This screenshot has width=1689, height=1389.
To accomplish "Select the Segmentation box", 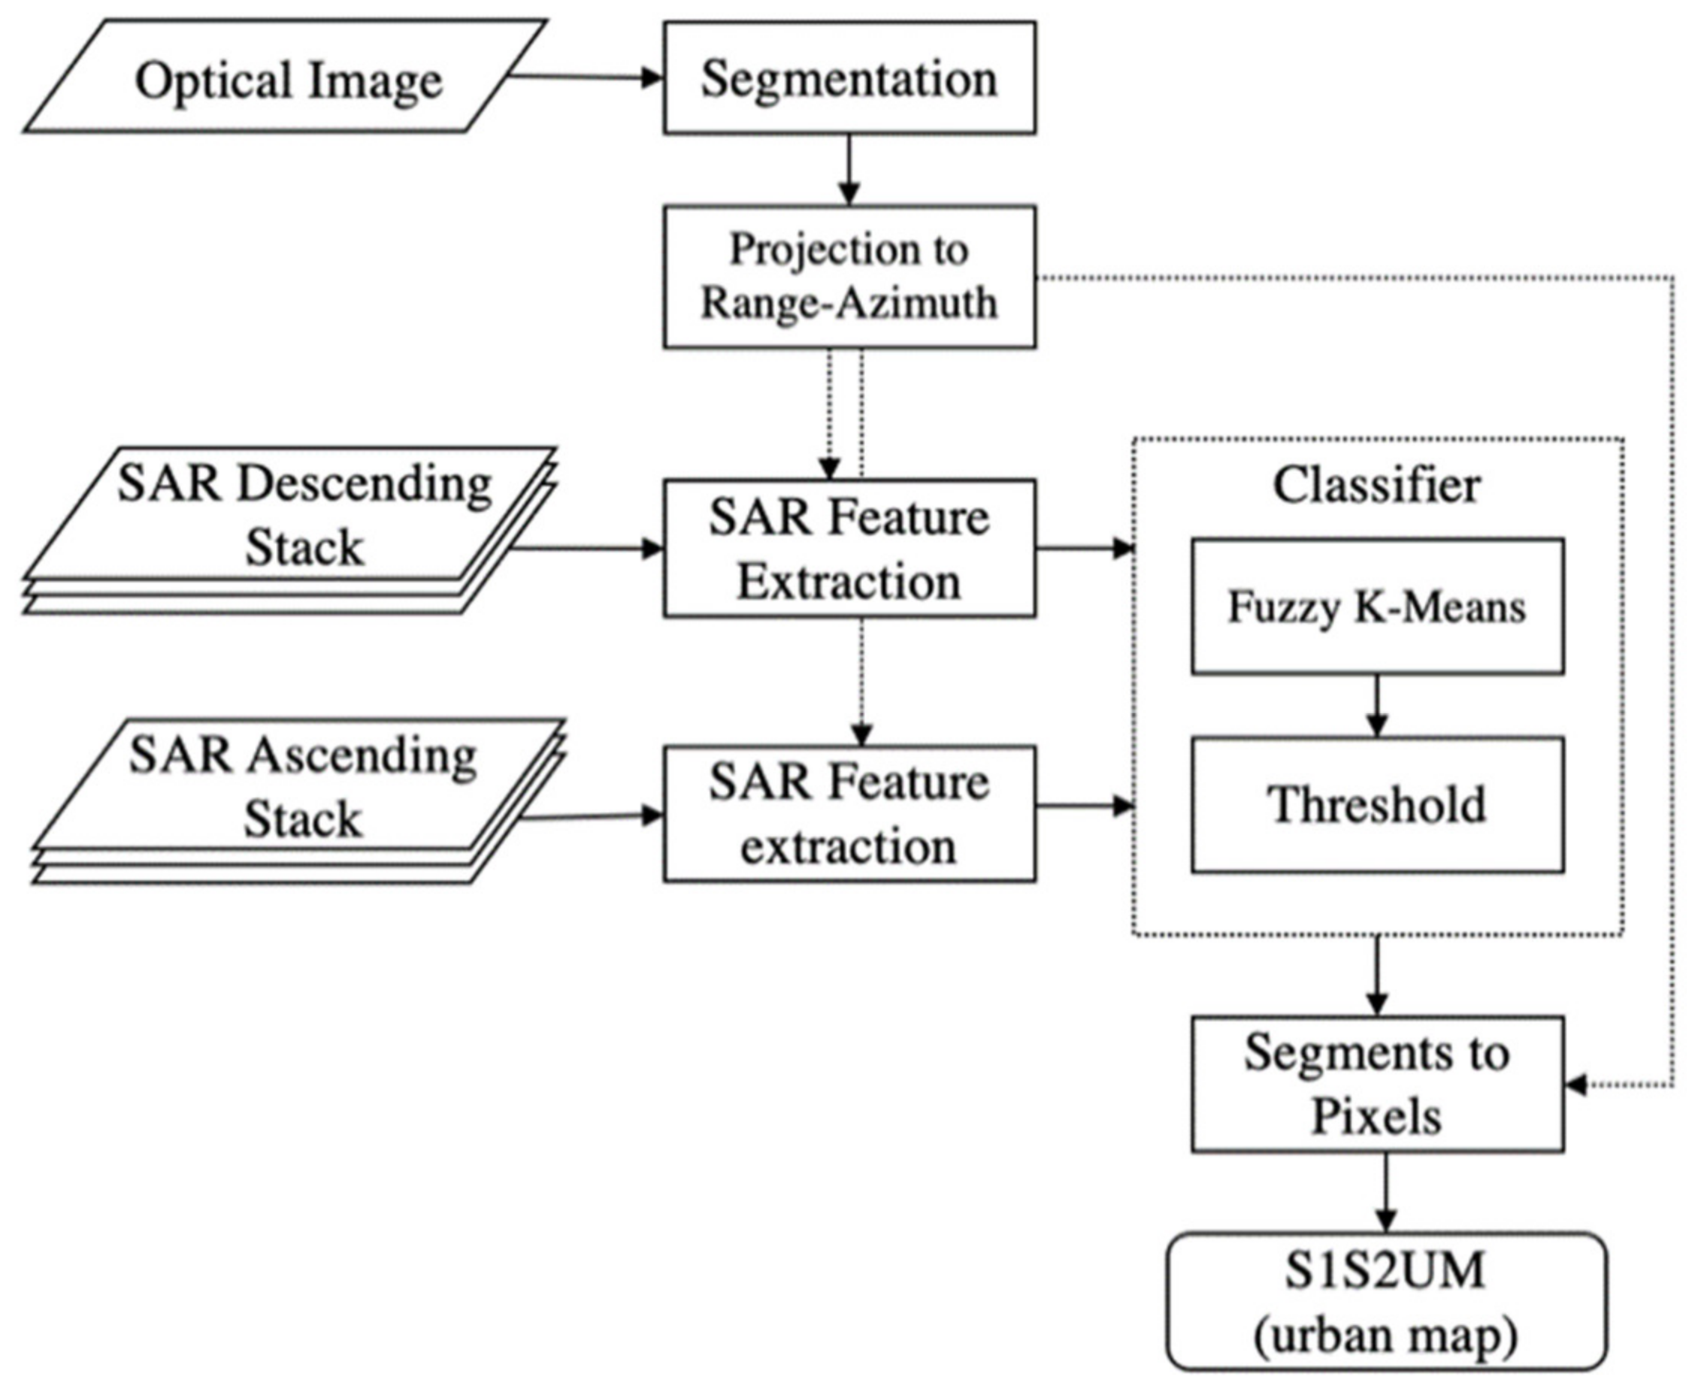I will click(849, 77).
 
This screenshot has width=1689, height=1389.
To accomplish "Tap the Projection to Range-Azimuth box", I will click(849, 276).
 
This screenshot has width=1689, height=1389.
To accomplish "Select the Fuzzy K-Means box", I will click(1377, 607).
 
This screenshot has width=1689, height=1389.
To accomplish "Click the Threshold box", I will click(1377, 804).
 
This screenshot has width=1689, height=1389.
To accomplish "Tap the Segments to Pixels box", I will click(1377, 1083).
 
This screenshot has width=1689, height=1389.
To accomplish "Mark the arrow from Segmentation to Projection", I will click(849, 170).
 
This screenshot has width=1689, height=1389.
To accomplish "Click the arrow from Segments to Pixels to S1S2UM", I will click(1386, 1191).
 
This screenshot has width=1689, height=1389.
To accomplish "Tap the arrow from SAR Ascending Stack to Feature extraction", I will click(592, 817).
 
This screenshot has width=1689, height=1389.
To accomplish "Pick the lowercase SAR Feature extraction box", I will click(849, 814).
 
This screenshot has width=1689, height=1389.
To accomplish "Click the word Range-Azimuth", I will click(849, 303).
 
